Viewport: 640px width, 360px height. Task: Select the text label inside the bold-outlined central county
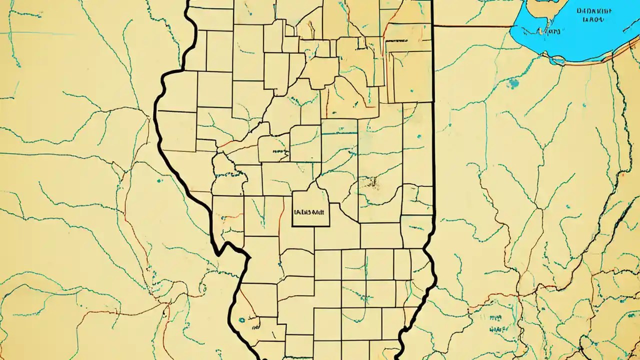point(310,211)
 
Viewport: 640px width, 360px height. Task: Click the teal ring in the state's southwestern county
point(242,319)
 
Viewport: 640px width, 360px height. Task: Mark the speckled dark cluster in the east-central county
point(372,183)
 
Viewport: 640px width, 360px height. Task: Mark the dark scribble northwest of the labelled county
point(277,150)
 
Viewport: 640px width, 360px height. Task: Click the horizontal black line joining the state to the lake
point(472,26)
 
